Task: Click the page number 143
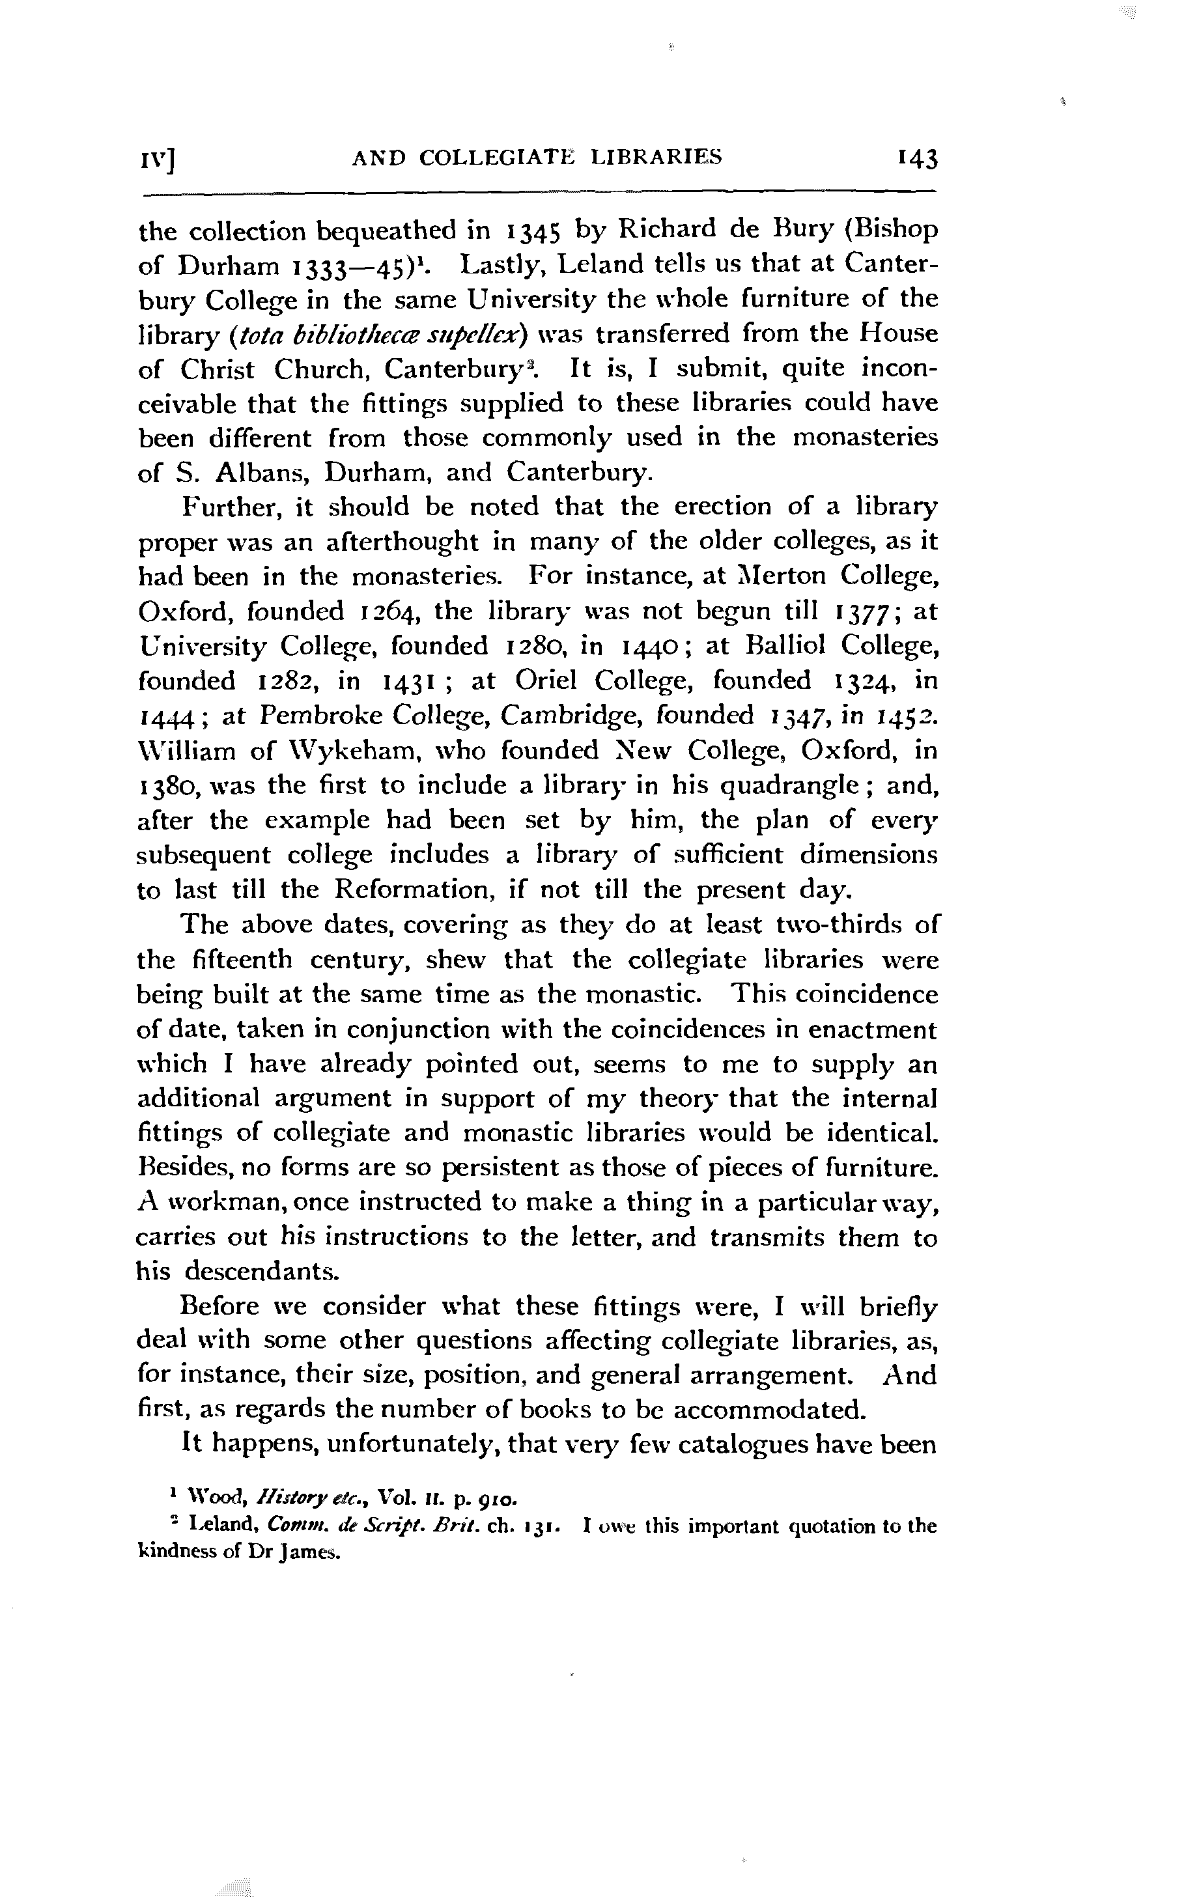pos(916,159)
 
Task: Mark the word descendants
pos(263,1272)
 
